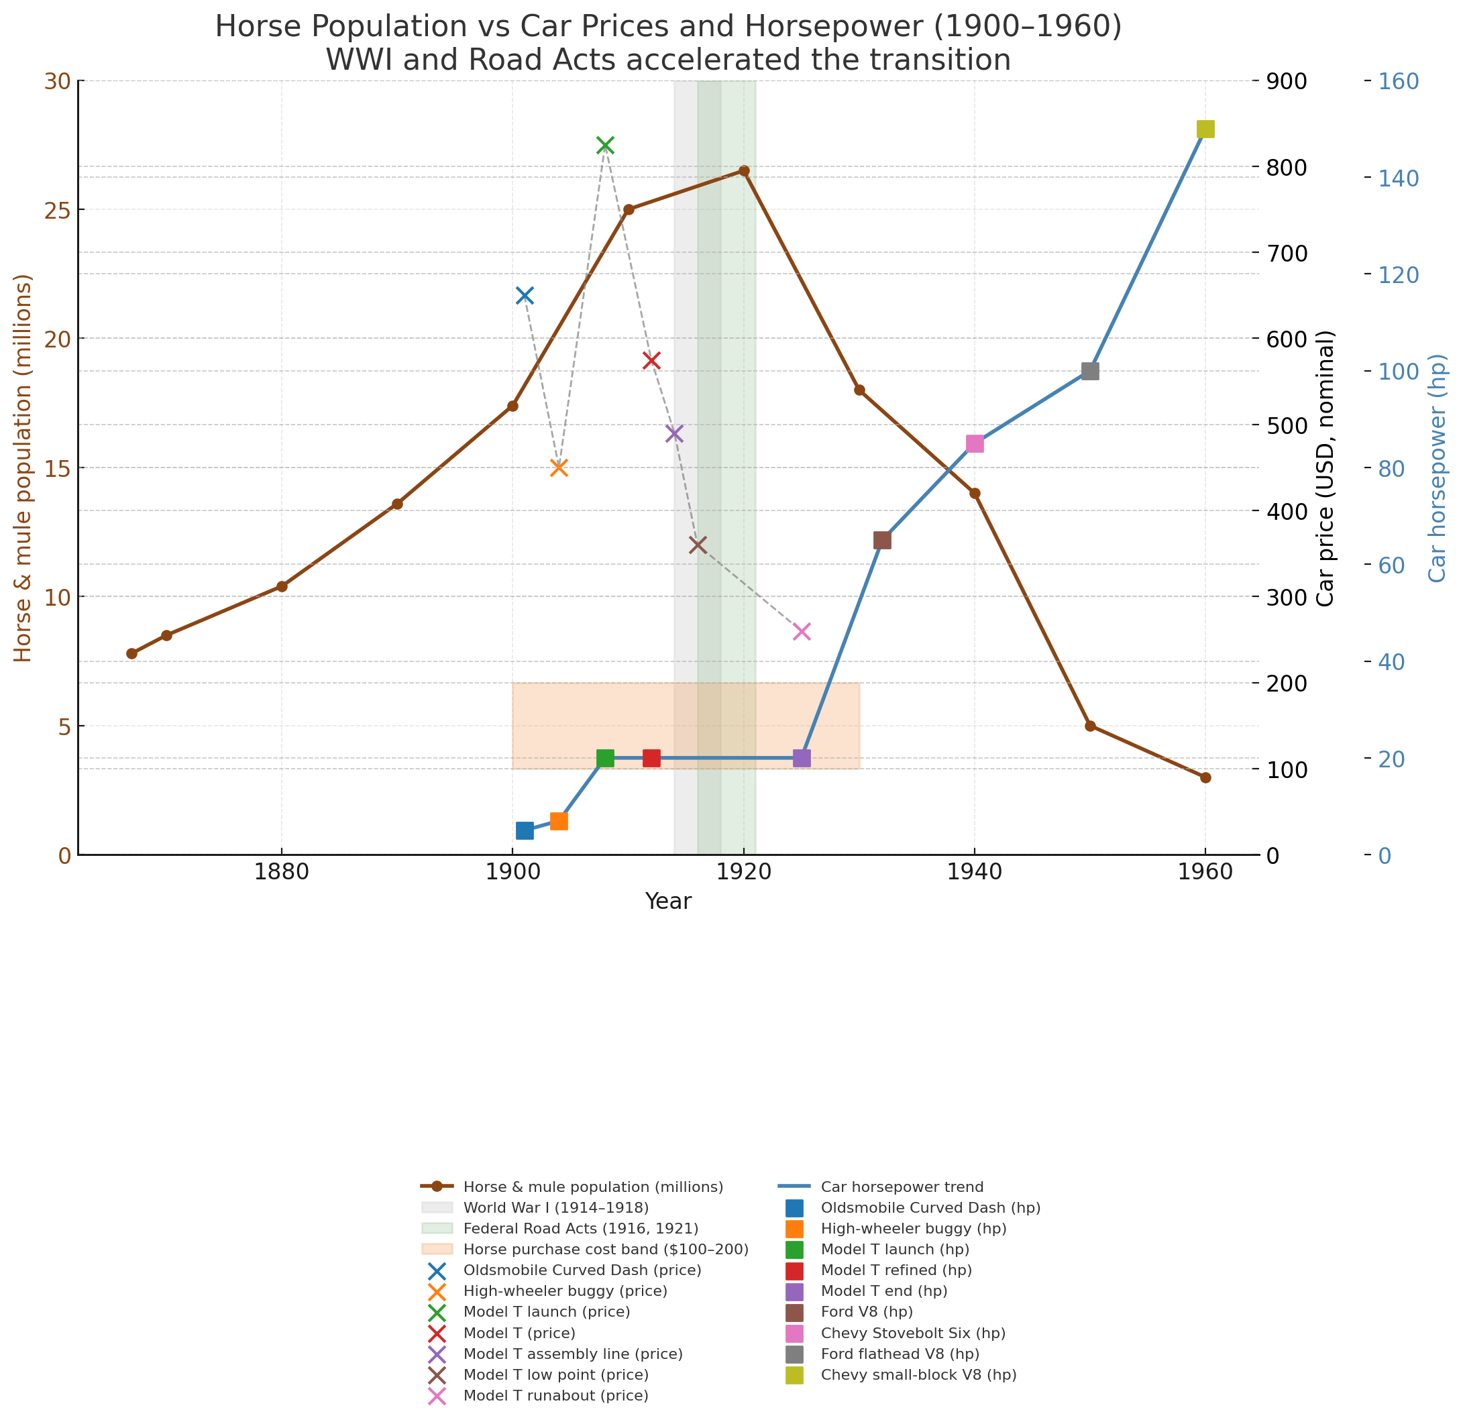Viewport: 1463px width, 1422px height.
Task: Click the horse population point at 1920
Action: [744, 171]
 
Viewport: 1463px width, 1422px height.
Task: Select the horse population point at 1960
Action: [1205, 777]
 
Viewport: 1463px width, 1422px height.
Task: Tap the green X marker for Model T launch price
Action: [605, 146]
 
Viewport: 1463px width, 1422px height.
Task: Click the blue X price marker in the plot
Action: [525, 296]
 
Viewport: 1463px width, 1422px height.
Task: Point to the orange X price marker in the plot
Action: [559, 468]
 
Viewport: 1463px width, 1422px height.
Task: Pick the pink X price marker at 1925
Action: [802, 632]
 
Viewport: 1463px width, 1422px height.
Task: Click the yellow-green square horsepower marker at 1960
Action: [1205, 129]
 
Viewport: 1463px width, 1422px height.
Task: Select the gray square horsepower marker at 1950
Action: [1089, 371]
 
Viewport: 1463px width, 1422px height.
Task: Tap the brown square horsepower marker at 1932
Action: [882, 541]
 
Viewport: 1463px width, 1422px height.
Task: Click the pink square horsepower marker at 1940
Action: [975, 443]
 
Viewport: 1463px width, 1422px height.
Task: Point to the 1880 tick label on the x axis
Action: [282, 875]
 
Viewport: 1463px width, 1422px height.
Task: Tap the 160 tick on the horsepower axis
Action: [1398, 81]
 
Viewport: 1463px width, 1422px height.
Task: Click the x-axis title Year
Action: [667, 902]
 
